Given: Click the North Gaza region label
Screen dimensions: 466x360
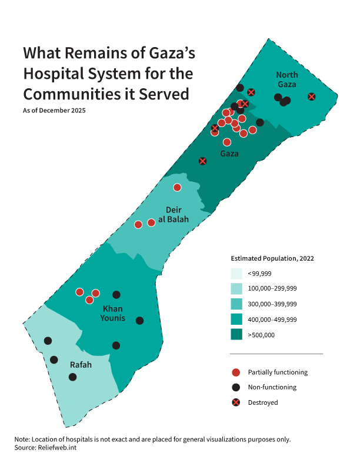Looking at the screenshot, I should [x=287, y=79].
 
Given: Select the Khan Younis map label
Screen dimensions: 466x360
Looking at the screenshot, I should [x=114, y=314].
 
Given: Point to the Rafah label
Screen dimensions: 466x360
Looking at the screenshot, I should [x=81, y=365].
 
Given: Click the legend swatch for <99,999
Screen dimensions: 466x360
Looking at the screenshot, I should [x=236, y=274].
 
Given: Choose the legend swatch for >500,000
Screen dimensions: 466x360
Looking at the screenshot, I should [x=236, y=335].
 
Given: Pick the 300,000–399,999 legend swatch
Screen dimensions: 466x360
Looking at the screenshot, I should [x=236, y=304].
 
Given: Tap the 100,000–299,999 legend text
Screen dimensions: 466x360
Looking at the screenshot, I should [x=272, y=289].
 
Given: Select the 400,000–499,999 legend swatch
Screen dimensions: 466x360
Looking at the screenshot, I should [x=236, y=319].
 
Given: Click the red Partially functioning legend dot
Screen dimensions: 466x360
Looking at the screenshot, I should [x=236, y=372].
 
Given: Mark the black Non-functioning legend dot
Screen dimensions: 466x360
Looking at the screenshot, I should [x=236, y=387].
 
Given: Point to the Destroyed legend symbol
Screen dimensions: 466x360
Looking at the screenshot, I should [x=236, y=402].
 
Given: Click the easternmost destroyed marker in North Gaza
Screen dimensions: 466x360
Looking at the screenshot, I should [x=312, y=96].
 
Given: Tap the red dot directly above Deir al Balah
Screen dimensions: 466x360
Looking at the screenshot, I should [x=177, y=187].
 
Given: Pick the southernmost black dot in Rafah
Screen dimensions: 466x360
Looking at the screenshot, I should [x=73, y=377].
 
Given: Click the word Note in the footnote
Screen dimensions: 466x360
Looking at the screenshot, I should [x=22, y=440].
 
